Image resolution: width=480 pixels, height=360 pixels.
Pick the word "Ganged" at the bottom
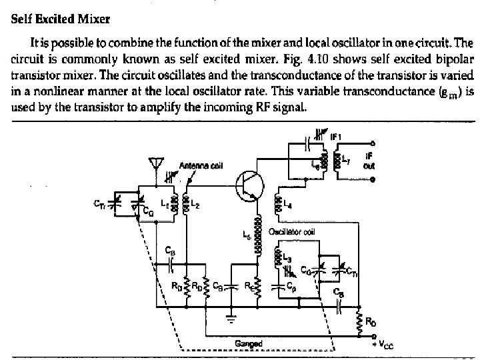[248, 343]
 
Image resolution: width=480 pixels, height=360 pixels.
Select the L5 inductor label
[246, 234]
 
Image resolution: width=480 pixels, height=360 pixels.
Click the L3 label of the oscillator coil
[287, 256]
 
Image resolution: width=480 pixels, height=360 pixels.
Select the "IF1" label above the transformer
[337, 136]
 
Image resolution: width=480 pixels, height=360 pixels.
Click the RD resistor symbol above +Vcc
[361, 323]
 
